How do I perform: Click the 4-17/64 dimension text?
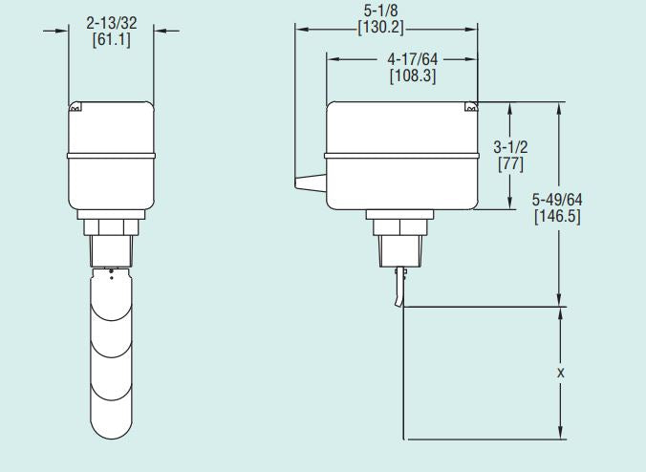pos(412,58)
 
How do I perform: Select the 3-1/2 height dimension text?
pos(509,148)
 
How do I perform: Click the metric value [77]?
pos(509,164)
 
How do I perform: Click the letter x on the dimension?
pos(560,374)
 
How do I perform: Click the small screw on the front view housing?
pos(74,109)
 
